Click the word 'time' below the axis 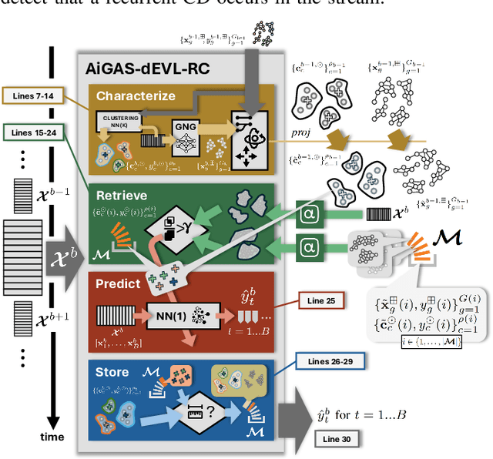point(52,436)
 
